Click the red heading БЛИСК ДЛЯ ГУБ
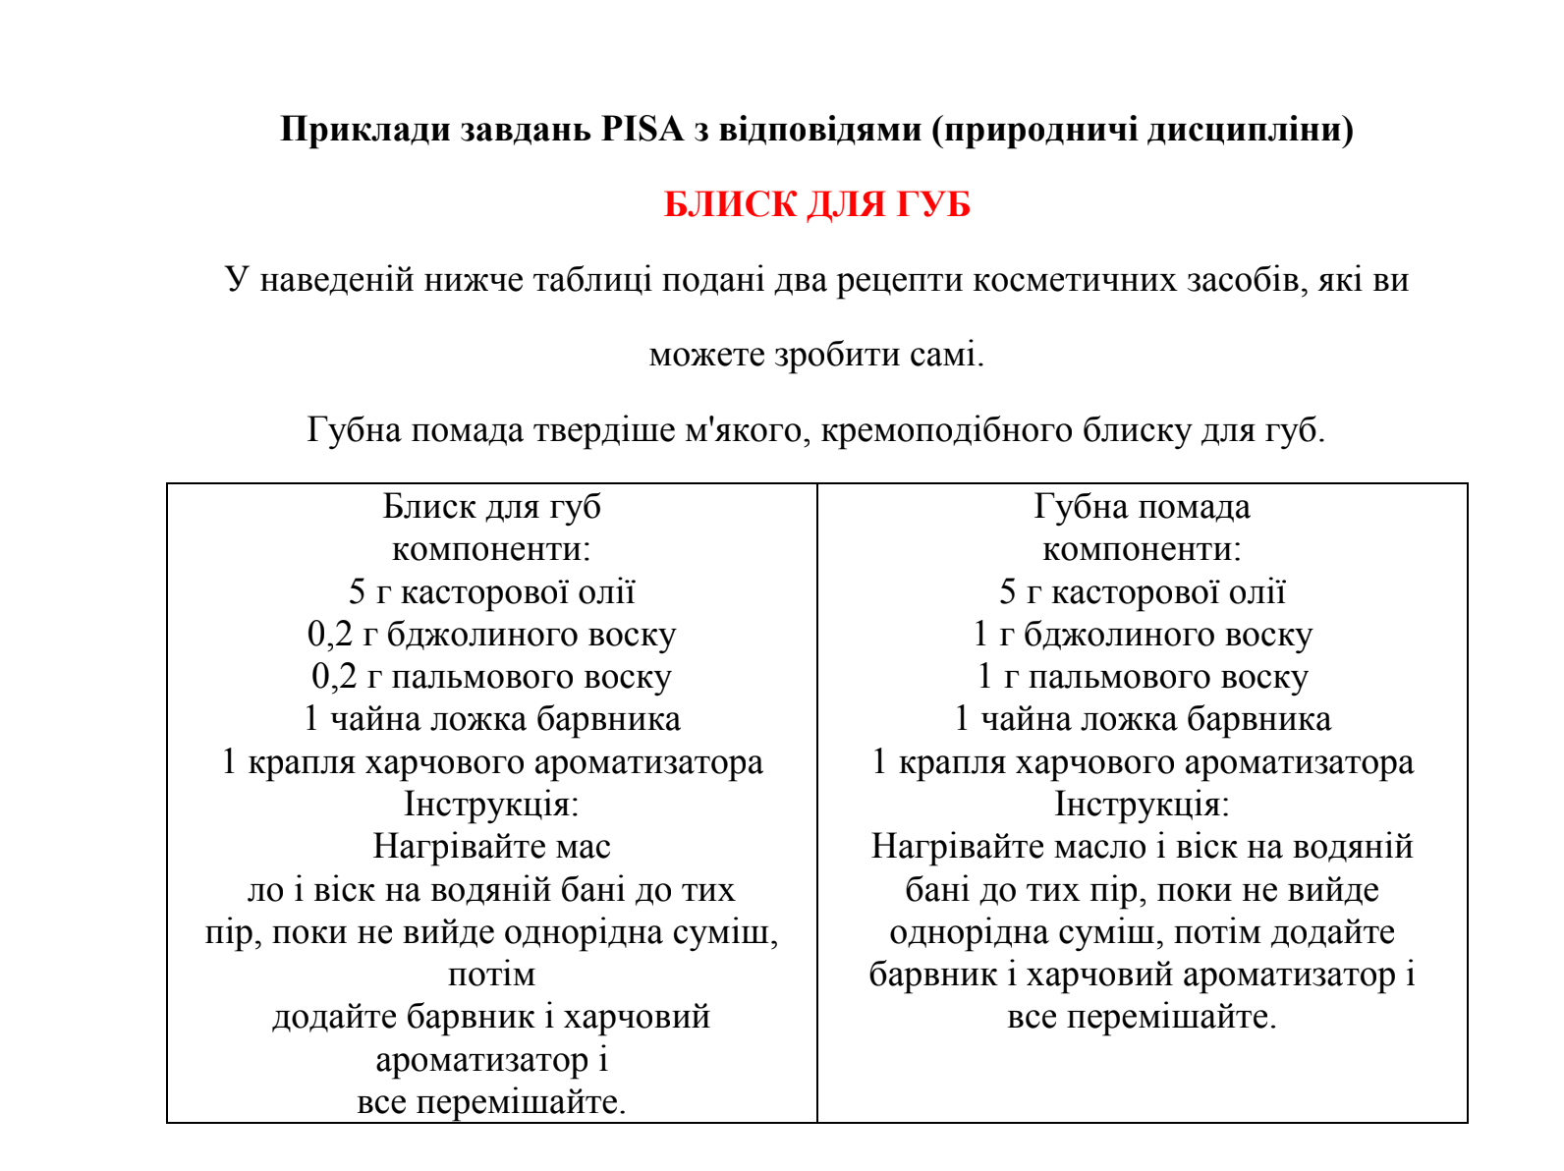[816, 204]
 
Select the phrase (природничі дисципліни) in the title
[1143, 129]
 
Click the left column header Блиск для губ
[491, 507]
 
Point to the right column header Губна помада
[1142, 507]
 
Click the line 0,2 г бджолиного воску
[491, 635]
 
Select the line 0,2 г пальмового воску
[491, 677]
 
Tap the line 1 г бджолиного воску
[1142, 635]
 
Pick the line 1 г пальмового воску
[1142, 677]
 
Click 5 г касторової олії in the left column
[491, 591]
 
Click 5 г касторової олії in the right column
[1142, 591]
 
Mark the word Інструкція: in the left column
[491, 805]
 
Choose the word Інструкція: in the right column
[1142, 805]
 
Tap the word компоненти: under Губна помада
[1142, 549]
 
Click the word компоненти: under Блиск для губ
[491, 549]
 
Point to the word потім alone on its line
[491, 975]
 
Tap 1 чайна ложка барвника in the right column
[1142, 719]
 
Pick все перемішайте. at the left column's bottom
[491, 1102]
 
